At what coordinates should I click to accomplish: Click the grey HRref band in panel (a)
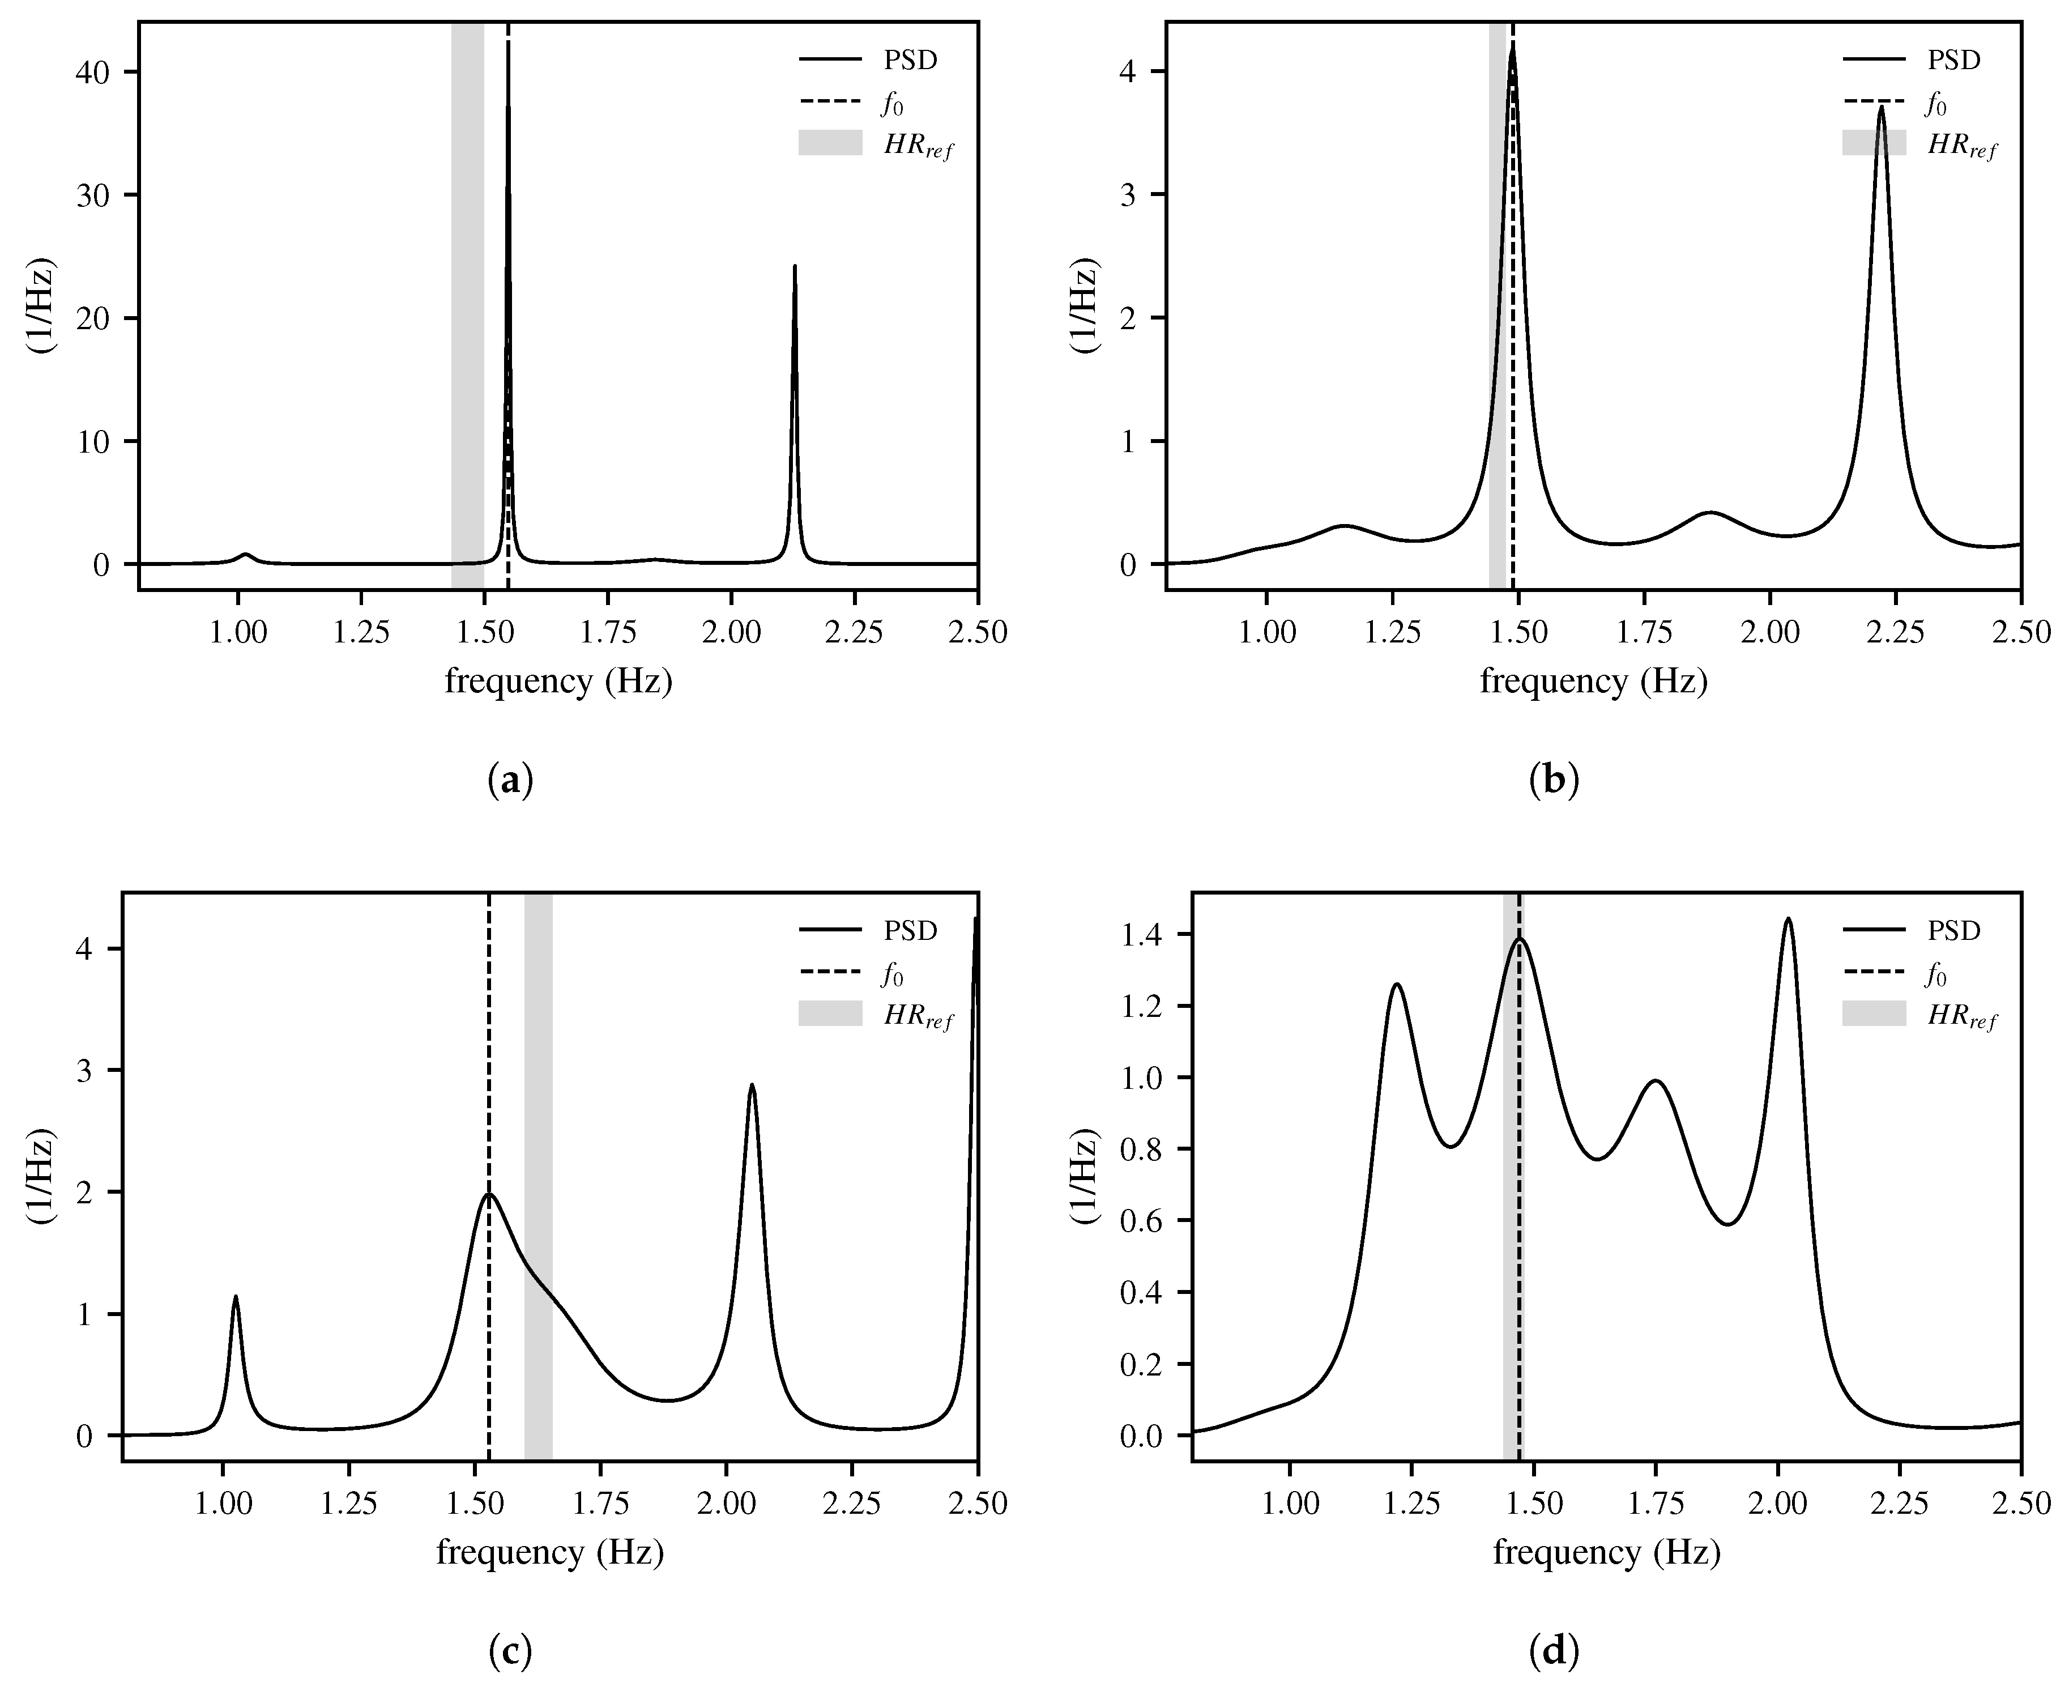tap(467, 291)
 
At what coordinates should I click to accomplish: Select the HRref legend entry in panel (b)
tap(1918, 144)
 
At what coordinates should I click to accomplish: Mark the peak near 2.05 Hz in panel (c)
tap(752, 1086)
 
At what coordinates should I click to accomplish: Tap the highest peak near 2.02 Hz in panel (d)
tap(1788, 919)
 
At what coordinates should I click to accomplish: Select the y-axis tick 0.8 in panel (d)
tap(1141, 1150)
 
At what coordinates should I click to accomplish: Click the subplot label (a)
tap(510, 781)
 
